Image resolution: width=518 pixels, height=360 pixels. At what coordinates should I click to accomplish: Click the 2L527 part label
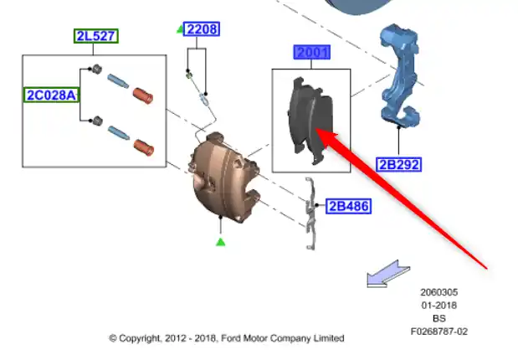click(95, 36)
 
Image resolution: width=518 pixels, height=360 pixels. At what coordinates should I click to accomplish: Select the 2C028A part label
click(51, 95)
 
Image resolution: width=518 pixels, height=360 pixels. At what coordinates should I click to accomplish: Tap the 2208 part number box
click(202, 29)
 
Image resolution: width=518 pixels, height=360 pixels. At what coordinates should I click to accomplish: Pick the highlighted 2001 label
click(312, 52)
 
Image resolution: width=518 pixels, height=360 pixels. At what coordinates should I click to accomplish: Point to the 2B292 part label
click(398, 164)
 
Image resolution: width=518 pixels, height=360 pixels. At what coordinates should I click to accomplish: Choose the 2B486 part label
click(348, 206)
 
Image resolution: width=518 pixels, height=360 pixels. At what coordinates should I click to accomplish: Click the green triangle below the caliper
click(221, 242)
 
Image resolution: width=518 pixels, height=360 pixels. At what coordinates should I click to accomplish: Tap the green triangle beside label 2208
click(180, 29)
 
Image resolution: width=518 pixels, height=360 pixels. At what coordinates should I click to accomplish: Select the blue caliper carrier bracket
click(400, 76)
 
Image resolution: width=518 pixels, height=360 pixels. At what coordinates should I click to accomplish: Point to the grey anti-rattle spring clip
click(310, 213)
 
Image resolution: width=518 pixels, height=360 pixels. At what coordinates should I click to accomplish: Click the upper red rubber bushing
click(143, 95)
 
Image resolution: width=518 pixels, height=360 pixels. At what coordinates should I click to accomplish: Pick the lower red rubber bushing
click(144, 147)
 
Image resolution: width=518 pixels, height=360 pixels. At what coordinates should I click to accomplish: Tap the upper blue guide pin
click(118, 81)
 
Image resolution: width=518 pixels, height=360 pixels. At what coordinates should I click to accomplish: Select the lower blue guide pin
click(118, 133)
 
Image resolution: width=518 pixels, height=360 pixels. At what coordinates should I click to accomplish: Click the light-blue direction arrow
click(388, 274)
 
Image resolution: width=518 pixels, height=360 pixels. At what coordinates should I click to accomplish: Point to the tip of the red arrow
click(316, 129)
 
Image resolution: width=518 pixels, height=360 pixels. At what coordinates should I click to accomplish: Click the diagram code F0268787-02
click(439, 332)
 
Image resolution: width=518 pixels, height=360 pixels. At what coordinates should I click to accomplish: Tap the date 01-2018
click(439, 305)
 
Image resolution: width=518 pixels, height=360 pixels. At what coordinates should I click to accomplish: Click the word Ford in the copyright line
click(231, 338)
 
